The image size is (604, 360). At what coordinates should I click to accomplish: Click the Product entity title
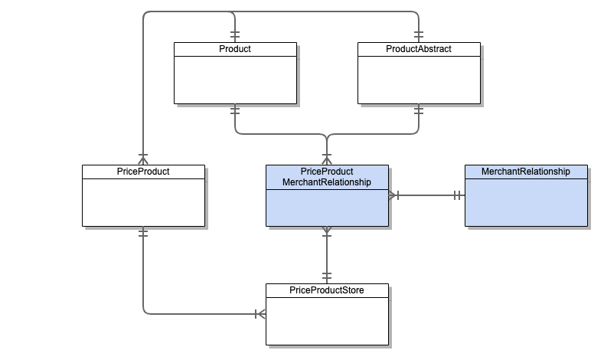234,49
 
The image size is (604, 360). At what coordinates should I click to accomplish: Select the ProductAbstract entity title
418,49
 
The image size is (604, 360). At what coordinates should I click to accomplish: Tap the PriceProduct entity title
142,172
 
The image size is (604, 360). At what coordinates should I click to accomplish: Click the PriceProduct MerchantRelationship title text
326,177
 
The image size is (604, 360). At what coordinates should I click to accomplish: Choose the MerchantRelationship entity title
525,172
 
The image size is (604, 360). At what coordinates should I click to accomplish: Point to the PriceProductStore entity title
326,291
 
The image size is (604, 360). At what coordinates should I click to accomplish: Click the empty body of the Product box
234,80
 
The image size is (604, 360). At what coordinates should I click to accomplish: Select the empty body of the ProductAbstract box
418,80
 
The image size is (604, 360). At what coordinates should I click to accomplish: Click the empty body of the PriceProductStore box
326,321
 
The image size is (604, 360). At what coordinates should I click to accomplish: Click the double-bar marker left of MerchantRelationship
457,195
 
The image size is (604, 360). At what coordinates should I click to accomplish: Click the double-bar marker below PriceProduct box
142,233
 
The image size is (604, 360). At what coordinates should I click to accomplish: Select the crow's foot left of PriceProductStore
259,313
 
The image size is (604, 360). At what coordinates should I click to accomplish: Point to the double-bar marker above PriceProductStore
327,276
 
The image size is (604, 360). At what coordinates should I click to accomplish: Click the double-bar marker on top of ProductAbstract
418,35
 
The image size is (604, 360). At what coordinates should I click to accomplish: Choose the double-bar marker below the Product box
234,110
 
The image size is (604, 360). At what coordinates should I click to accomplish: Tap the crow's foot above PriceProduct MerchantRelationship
327,159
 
